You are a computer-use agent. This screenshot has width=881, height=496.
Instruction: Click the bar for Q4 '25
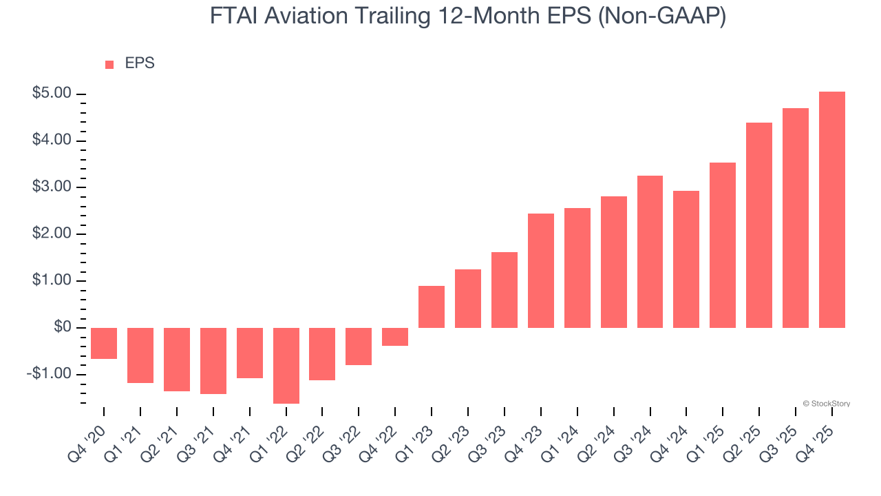(832, 209)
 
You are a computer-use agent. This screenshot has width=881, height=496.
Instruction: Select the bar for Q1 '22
(286, 365)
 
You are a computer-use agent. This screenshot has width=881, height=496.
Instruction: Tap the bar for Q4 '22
(395, 336)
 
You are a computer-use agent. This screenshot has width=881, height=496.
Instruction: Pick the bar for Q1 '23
(432, 307)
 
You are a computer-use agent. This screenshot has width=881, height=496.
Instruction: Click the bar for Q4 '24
(686, 259)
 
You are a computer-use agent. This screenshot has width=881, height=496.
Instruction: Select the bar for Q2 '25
(759, 225)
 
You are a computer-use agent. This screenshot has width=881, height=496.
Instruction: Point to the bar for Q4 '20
(104, 343)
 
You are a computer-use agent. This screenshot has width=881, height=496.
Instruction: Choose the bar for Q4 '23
(541, 270)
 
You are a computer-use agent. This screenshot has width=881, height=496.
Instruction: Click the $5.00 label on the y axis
(52, 94)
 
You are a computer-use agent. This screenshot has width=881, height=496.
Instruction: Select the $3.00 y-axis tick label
(52, 187)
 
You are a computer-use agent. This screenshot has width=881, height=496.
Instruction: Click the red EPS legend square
(109, 64)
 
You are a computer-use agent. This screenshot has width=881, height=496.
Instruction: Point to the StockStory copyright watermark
(826, 404)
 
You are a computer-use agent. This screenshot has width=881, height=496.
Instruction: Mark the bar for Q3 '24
(650, 251)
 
